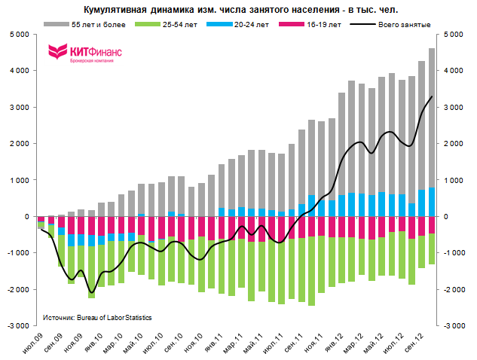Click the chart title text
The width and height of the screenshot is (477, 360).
240,9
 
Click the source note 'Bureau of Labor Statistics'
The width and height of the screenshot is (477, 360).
97,318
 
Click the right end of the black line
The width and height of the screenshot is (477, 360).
432,96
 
